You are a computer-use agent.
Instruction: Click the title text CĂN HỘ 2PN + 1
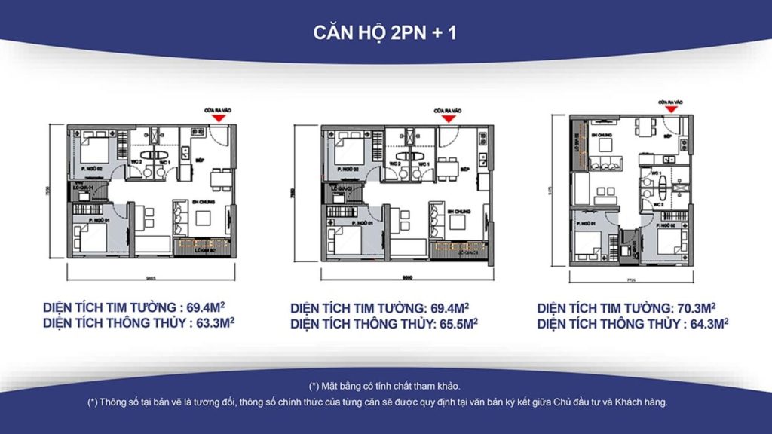coord(385,34)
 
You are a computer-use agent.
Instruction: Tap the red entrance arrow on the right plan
coord(670,108)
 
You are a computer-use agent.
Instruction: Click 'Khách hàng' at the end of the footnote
coord(643,402)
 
